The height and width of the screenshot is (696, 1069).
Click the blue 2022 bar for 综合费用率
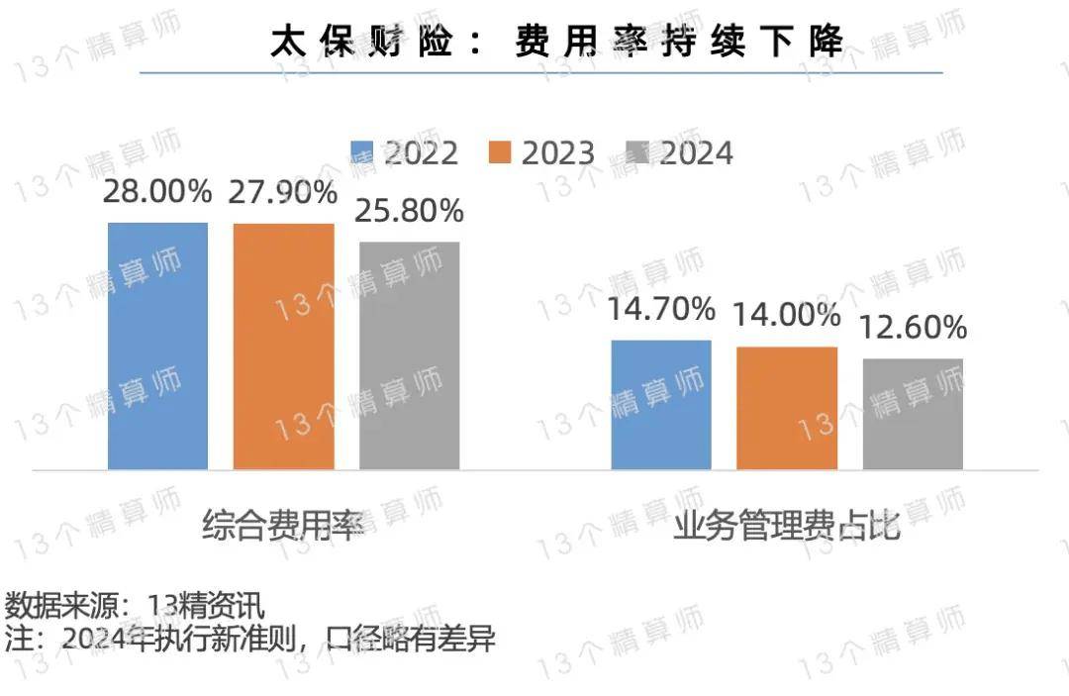157,346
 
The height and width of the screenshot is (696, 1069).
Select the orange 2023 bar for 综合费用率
283,346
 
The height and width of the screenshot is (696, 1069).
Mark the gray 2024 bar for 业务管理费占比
913,413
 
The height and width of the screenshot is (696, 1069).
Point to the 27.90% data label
283,193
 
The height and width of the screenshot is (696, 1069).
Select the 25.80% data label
410,211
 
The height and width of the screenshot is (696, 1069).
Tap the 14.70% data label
661,309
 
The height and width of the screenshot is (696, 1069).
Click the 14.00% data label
787,316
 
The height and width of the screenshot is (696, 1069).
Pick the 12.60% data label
913,328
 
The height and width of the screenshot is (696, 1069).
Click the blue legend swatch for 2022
363,153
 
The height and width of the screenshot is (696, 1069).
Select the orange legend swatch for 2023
500,153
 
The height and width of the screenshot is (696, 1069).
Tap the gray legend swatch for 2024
637,153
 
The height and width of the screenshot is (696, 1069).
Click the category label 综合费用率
283,526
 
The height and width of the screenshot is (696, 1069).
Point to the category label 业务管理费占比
787,526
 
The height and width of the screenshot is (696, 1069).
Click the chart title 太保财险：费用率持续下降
557,41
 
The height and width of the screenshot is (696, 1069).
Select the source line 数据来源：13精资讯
135,604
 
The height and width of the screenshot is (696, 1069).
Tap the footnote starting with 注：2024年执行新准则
249,639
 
